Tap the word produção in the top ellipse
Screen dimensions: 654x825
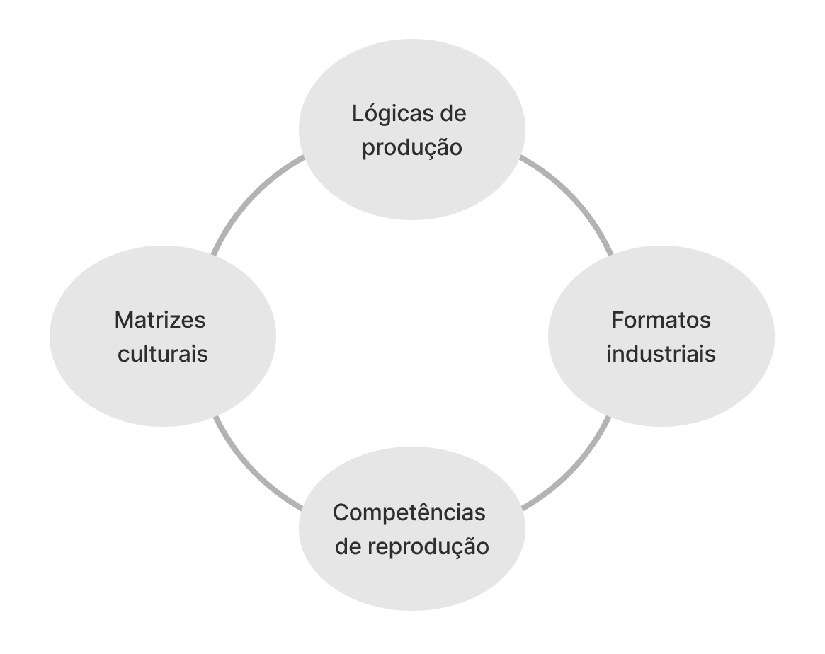pos(411,149)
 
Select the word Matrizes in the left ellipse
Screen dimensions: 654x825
pos(159,320)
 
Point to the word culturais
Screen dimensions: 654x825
pos(162,354)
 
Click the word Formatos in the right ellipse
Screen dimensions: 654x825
pos(661,320)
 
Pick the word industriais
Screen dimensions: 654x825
pos(661,354)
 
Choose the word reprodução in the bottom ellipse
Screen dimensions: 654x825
pos(431,547)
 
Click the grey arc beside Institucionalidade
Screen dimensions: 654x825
pos(255,195)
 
